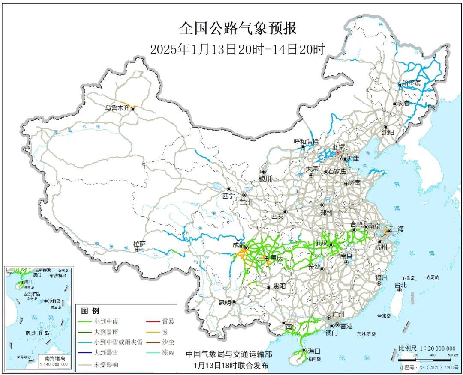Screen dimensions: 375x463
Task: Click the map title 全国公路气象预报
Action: (x=238, y=29)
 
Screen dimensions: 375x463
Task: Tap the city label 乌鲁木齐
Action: (x=117, y=108)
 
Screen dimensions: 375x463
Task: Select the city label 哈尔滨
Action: (x=411, y=83)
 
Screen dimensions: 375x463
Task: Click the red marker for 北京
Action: (x=337, y=152)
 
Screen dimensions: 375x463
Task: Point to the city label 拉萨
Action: (x=139, y=244)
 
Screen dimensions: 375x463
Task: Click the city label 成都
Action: (x=239, y=245)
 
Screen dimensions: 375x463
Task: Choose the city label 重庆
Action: (x=275, y=259)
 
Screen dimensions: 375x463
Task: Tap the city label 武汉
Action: (x=321, y=243)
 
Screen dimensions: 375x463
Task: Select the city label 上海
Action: (x=397, y=229)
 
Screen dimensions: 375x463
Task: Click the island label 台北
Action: (x=400, y=285)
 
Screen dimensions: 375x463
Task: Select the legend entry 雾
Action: (x=165, y=332)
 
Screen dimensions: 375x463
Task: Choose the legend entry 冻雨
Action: (x=168, y=354)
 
